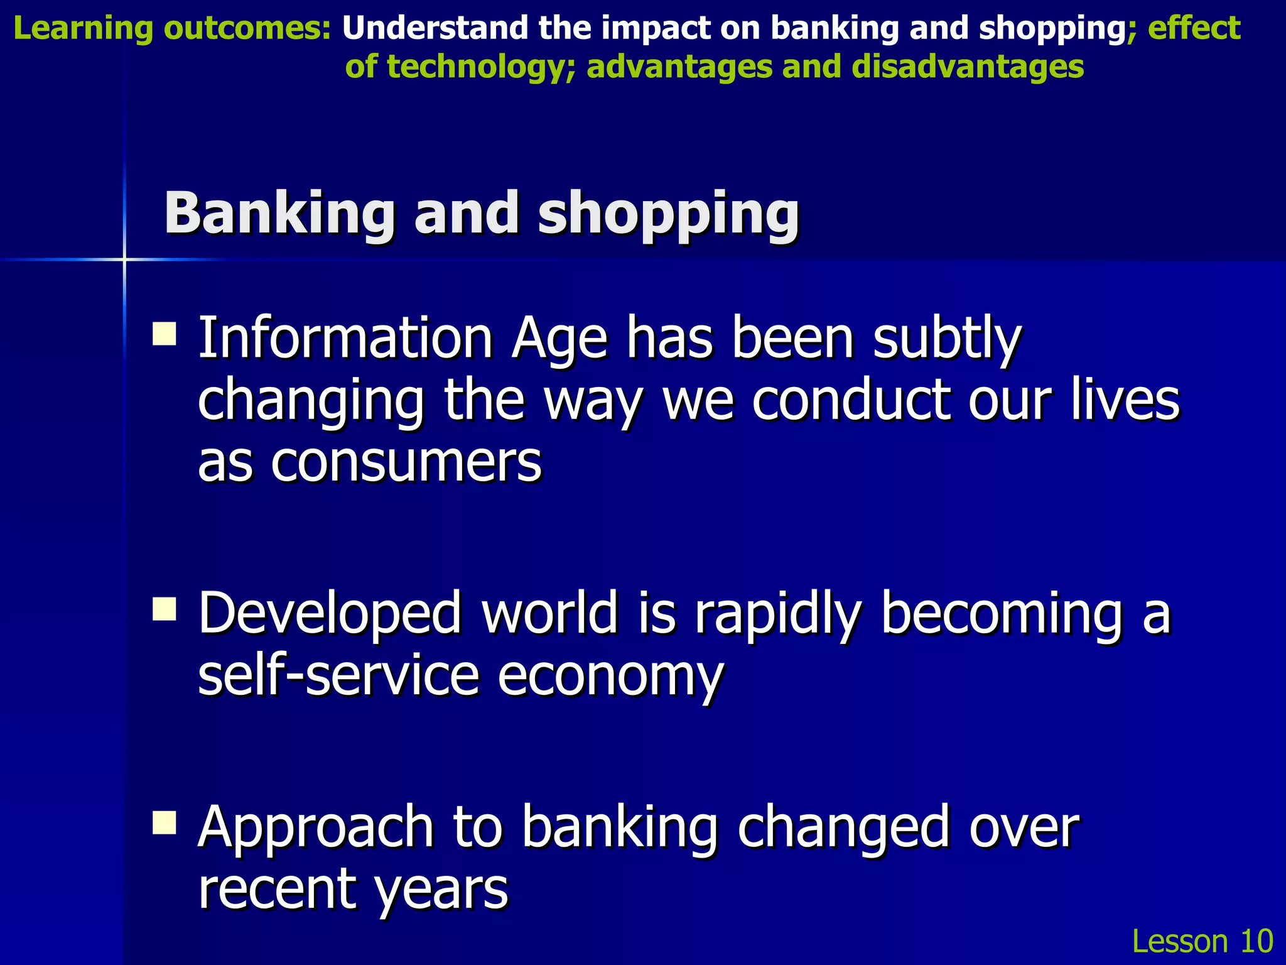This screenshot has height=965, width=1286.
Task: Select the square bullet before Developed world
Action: pyautogui.click(x=164, y=608)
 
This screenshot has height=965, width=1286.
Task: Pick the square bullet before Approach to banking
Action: pyautogui.click(x=164, y=822)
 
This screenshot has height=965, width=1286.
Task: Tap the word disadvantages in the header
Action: pyautogui.click(x=968, y=66)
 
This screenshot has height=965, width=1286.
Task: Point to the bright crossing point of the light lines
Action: pyautogui.click(x=124, y=259)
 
